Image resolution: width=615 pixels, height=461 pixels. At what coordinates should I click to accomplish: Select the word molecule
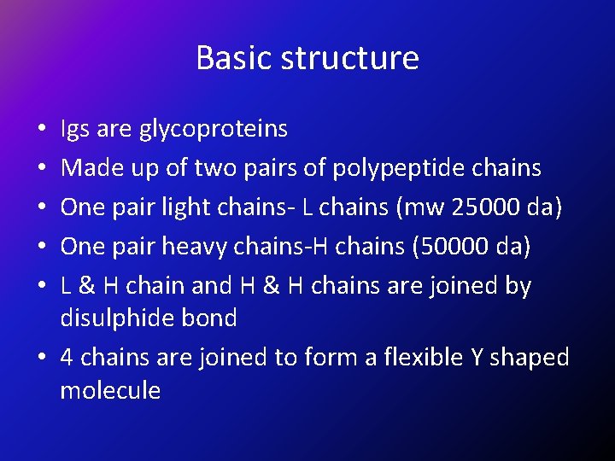110,391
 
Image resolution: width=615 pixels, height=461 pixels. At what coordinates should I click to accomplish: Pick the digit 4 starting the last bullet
67,357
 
